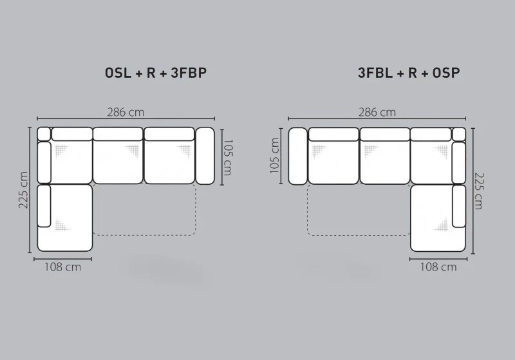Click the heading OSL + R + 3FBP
tap(156, 73)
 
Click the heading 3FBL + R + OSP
tap(409, 73)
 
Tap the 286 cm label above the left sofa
tap(126, 112)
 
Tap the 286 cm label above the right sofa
tap(377, 112)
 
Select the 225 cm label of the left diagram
tap(23, 190)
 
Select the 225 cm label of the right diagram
tap(479, 191)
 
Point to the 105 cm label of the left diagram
tap(228, 157)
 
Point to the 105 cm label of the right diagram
tap(274, 155)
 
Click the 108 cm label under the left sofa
tap(62, 267)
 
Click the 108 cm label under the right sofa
tap(438, 267)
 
